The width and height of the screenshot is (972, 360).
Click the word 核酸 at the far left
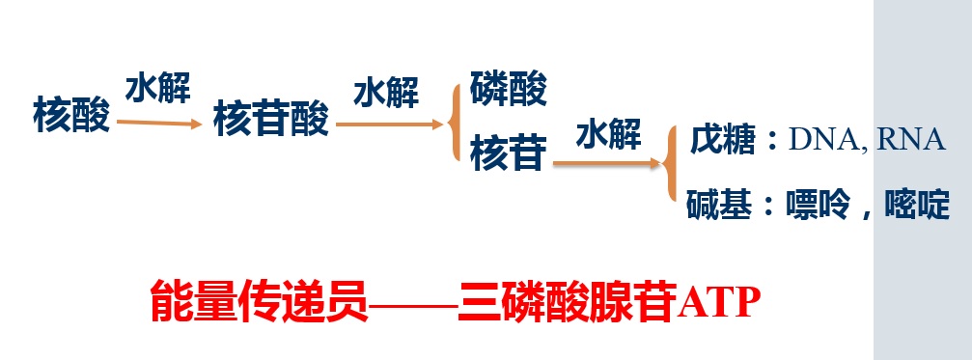[71, 116]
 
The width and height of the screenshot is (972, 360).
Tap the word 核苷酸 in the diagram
[271, 120]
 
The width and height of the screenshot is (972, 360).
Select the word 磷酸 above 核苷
[509, 91]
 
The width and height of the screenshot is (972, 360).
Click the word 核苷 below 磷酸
[509, 152]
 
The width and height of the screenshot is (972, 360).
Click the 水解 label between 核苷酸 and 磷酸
[386, 94]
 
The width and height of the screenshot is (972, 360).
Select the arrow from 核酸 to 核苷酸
[158, 123]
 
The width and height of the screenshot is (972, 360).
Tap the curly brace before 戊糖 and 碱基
[673, 165]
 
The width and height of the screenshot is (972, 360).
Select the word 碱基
[715, 205]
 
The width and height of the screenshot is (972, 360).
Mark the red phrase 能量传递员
[259, 302]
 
